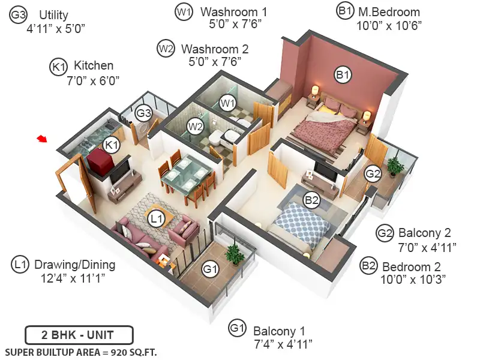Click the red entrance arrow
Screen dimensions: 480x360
(42, 139)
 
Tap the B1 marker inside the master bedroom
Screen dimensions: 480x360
(343, 74)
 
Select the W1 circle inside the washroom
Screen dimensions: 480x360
(228, 103)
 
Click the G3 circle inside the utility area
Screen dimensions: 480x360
(143, 113)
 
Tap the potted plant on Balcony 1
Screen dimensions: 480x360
(235, 254)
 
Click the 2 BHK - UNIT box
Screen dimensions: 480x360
(79, 335)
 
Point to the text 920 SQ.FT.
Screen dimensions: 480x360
(134, 352)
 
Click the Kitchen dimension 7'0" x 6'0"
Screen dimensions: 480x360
(93, 80)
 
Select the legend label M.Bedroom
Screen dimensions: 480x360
(389, 12)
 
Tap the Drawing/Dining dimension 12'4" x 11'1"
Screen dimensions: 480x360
(73, 278)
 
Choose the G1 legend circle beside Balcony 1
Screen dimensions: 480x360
(237, 328)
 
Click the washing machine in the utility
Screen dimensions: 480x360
(142, 130)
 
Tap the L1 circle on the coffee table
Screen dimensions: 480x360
(157, 218)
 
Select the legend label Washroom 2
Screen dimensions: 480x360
(215, 49)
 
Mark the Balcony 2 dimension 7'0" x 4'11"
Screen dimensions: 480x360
(427, 247)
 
